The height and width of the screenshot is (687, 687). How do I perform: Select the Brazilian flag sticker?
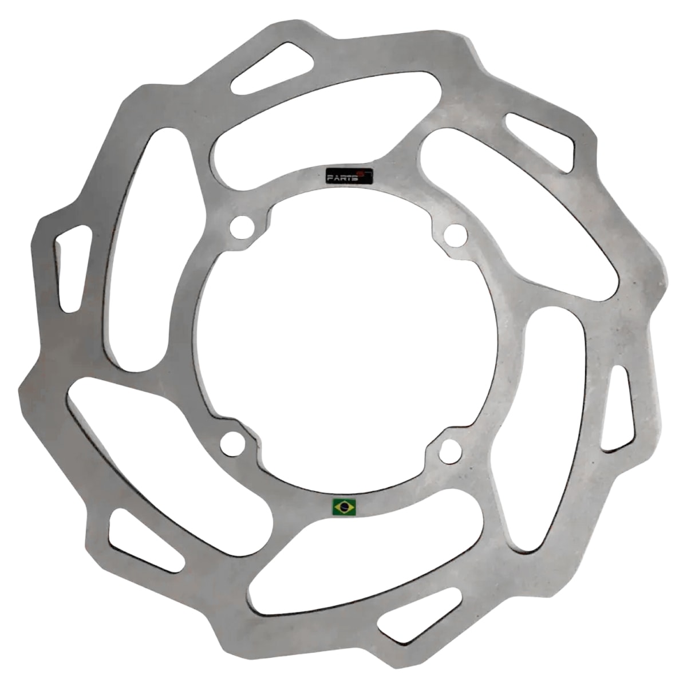[344, 506]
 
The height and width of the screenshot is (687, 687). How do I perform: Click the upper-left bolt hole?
[241, 227]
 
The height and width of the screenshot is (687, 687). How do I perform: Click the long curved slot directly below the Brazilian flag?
[366, 564]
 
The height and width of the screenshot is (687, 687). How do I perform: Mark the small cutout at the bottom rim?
[421, 613]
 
